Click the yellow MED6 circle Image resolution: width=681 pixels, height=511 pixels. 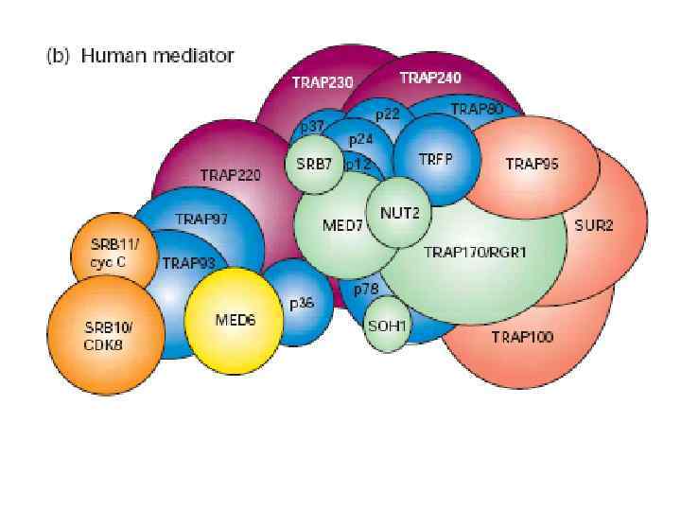click(234, 319)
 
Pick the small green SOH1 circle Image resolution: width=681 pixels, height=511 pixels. click(388, 325)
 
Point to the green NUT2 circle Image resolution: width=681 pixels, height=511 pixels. click(399, 212)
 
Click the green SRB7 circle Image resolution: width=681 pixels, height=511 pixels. click(314, 164)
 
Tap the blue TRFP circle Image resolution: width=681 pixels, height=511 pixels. click(436, 157)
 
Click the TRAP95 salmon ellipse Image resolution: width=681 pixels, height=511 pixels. click(532, 164)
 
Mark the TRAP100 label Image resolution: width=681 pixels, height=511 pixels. click(522, 336)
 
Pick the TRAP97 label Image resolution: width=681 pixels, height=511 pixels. click(201, 219)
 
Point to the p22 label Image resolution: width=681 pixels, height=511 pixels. click(387, 114)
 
